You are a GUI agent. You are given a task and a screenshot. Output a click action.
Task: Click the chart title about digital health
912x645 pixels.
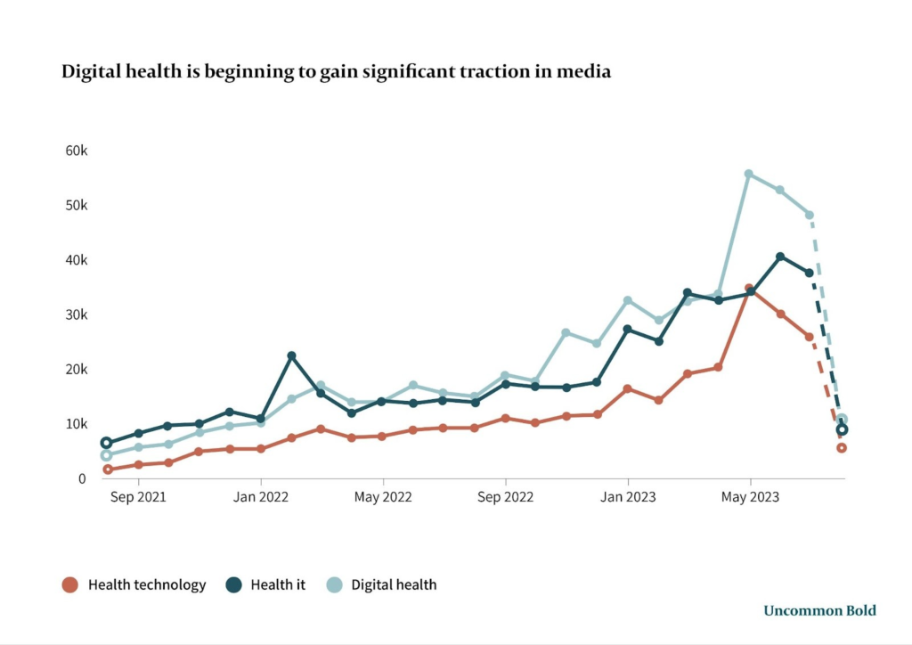(x=336, y=72)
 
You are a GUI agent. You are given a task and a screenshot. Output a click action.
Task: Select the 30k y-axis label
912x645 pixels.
(x=77, y=314)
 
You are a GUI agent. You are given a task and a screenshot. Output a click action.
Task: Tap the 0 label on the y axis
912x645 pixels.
(x=82, y=478)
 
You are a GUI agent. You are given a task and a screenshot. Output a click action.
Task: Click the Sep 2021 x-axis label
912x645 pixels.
(x=138, y=497)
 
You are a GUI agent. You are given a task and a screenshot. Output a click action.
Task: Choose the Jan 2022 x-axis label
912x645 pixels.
(x=261, y=497)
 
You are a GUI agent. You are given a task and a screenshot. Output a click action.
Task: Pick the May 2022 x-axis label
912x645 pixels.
(x=383, y=497)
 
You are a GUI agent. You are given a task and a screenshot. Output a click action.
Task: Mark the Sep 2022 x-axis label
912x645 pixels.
(x=505, y=497)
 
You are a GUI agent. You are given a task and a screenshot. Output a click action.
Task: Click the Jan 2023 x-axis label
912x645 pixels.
(x=628, y=497)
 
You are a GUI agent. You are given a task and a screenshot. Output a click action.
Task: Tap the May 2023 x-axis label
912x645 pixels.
(x=750, y=497)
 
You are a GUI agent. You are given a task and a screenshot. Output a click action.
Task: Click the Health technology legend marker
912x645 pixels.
(x=69, y=585)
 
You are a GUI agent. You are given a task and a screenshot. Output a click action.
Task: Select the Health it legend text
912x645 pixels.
(x=278, y=585)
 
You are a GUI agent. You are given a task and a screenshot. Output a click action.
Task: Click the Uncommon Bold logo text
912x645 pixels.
(x=819, y=610)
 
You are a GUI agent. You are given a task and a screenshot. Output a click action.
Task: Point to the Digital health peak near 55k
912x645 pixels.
(x=749, y=174)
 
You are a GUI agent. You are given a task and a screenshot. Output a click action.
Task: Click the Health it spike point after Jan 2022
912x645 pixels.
(x=291, y=355)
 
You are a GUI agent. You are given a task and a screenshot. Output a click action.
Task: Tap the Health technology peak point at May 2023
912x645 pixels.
(x=749, y=289)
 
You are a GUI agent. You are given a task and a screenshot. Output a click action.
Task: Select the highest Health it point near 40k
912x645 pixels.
(x=780, y=257)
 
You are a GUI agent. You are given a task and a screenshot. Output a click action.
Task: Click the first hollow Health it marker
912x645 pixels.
(x=107, y=443)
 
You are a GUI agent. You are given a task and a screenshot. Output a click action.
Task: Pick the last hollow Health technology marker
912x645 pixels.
(x=842, y=448)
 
